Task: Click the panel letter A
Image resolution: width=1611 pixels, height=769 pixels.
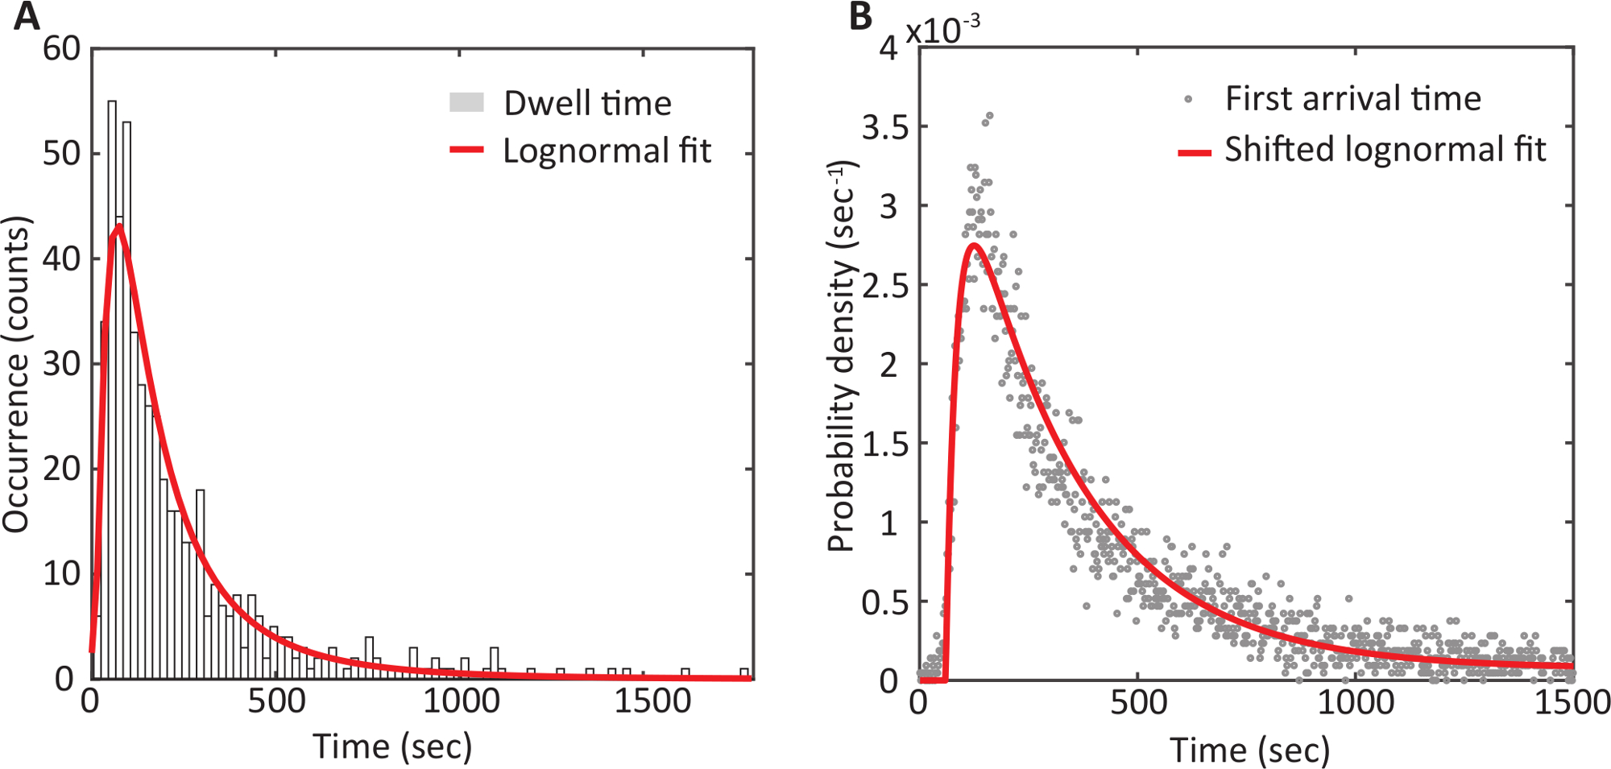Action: pyautogui.click(x=27, y=16)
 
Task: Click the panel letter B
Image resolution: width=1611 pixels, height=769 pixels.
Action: pyautogui.click(x=861, y=16)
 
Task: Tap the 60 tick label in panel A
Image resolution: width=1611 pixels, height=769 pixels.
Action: pyautogui.click(x=62, y=49)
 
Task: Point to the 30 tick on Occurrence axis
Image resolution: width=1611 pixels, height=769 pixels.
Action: pyautogui.click(x=62, y=364)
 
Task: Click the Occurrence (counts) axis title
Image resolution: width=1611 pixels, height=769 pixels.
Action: pyautogui.click(x=16, y=374)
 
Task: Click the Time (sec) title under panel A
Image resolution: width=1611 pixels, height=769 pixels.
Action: pyautogui.click(x=392, y=746)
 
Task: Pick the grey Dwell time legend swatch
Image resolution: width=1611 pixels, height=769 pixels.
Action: pyautogui.click(x=466, y=102)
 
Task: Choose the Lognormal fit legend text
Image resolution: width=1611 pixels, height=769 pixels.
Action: pyautogui.click(x=607, y=151)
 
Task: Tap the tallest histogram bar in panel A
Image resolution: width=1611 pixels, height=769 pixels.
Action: pyautogui.click(x=112, y=387)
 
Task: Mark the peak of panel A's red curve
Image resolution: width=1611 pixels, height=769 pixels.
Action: pyautogui.click(x=118, y=226)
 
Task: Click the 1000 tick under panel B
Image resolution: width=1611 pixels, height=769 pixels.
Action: pyautogui.click(x=1355, y=703)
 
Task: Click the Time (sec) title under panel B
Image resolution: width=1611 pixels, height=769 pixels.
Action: pyautogui.click(x=1249, y=750)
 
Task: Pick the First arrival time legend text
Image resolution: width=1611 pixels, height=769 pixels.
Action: pyautogui.click(x=1352, y=99)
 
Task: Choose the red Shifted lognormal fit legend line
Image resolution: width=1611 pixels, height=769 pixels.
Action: pyautogui.click(x=1195, y=151)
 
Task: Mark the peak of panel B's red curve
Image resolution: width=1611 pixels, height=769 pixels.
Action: pyautogui.click(x=974, y=245)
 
